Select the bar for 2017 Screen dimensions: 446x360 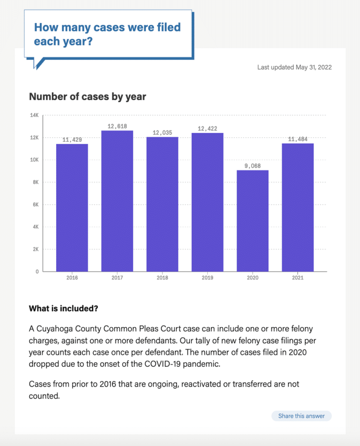pyautogui.click(x=117, y=201)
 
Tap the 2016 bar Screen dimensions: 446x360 pyautogui.click(x=72, y=208)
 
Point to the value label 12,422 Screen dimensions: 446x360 pyautogui.click(x=207, y=128)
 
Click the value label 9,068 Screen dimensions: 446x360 pyautogui.click(x=252, y=166)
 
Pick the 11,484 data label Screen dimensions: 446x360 pyautogui.click(x=298, y=139)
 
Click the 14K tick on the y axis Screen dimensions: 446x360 pyautogui.click(x=34, y=115)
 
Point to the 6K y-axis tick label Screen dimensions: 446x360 pyautogui.click(x=34, y=205)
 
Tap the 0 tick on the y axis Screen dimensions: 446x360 pyautogui.click(x=37, y=272)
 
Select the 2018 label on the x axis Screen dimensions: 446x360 pyautogui.click(x=162, y=277)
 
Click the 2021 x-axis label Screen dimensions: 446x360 pyautogui.click(x=298, y=277)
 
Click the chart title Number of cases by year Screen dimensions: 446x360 pyautogui.click(x=87, y=97)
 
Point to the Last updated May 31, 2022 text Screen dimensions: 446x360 pyautogui.click(x=294, y=67)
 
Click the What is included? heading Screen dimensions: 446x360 pyautogui.click(x=63, y=309)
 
